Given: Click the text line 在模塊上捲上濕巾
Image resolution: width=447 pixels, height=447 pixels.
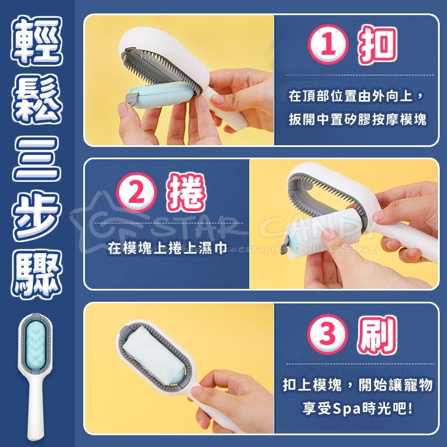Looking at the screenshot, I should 168,248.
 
